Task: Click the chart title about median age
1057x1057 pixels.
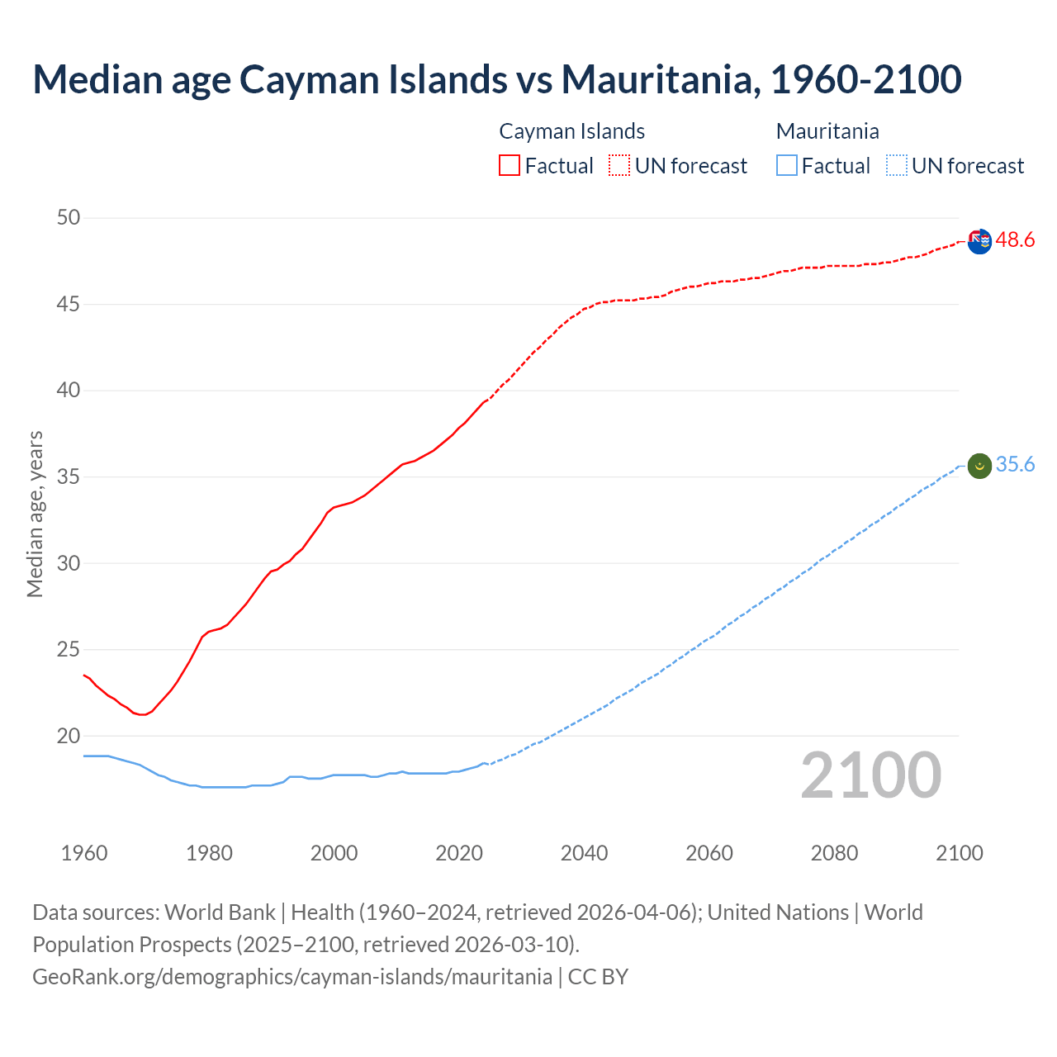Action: tap(497, 79)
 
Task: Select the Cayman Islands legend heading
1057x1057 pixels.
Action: tap(571, 131)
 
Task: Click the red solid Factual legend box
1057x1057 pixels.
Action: tap(510, 166)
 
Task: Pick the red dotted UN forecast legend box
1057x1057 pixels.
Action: tap(619, 166)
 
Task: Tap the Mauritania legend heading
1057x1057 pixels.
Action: tap(827, 131)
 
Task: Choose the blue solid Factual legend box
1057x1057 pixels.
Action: tap(787, 166)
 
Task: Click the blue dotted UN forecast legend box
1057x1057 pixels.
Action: tap(896, 166)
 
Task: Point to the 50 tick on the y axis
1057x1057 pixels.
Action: tap(69, 218)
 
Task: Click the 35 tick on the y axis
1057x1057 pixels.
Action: tap(69, 477)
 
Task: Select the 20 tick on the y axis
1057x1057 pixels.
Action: tap(69, 736)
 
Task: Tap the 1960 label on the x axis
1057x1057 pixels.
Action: tap(84, 853)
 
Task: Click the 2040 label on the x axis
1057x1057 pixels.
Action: tap(584, 853)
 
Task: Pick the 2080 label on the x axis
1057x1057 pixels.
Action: tap(834, 853)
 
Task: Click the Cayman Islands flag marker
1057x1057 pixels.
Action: tap(979, 242)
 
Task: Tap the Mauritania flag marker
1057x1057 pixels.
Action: tap(979, 467)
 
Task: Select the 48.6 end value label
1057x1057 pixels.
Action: tap(1015, 240)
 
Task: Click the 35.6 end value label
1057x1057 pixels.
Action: tap(1015, 465)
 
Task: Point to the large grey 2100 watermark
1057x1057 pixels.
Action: tap(870, 775)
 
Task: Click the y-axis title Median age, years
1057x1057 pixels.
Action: tap(35, 514)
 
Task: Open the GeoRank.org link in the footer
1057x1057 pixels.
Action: tap(292, 977)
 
